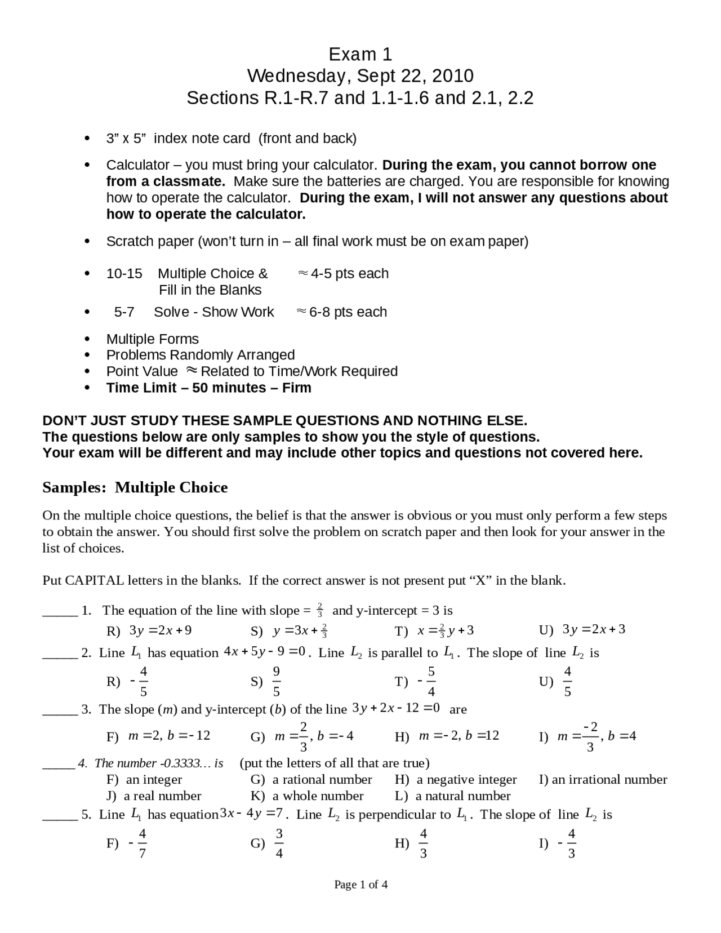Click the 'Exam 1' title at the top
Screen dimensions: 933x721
click(360, 54)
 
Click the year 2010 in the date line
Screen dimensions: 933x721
click(454, 75)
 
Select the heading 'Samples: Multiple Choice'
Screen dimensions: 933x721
click(135, 487)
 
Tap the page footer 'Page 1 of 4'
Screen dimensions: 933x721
click(360, 885)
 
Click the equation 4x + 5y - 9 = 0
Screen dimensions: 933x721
click(265, 652)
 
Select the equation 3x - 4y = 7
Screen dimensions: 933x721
click(251, 814)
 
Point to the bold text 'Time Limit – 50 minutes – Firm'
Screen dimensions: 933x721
click(208, 388)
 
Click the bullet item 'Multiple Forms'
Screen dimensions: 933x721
click(152, 339)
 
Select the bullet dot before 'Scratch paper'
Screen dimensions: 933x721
click(87, 242)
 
